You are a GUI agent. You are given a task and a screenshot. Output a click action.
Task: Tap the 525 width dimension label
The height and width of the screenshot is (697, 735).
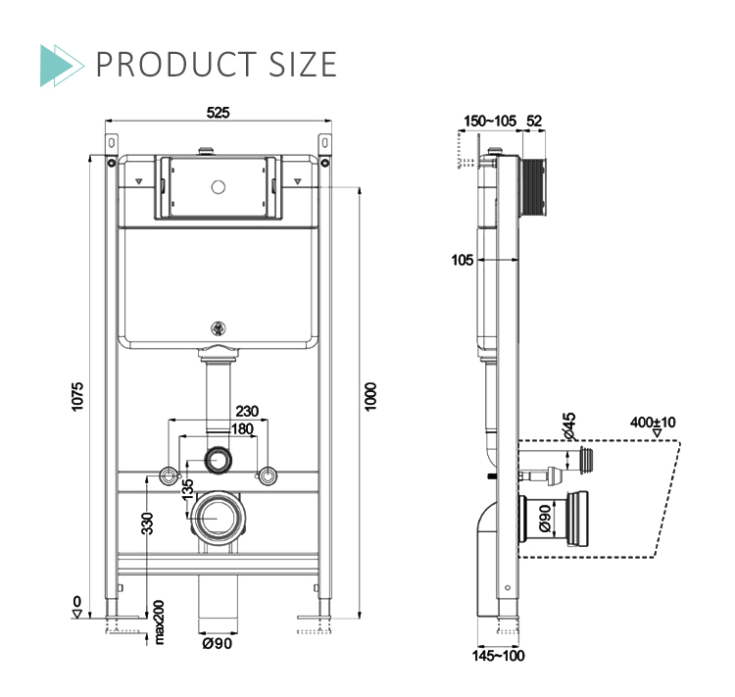[218, 114]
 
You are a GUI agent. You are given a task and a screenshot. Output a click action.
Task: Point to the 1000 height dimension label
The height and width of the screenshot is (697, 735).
[370, 396]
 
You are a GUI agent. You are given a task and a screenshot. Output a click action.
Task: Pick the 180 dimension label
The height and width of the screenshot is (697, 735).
[240, 428]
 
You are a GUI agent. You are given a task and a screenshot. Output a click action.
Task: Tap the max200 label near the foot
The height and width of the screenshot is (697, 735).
[160, 622]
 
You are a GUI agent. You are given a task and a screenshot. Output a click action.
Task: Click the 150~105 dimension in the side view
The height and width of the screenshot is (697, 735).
[489, 121]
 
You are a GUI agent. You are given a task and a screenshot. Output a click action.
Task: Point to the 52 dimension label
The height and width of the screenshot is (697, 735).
[534, 121]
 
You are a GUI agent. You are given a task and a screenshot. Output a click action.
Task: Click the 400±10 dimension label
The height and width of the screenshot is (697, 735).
[654, 423]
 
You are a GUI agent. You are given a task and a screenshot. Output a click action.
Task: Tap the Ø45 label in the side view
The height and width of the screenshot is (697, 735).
[569, 424]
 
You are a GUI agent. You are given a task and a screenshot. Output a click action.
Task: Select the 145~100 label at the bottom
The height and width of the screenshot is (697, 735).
[499, 656]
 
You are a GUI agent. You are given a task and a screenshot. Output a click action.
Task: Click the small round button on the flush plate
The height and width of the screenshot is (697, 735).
[218, 184]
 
